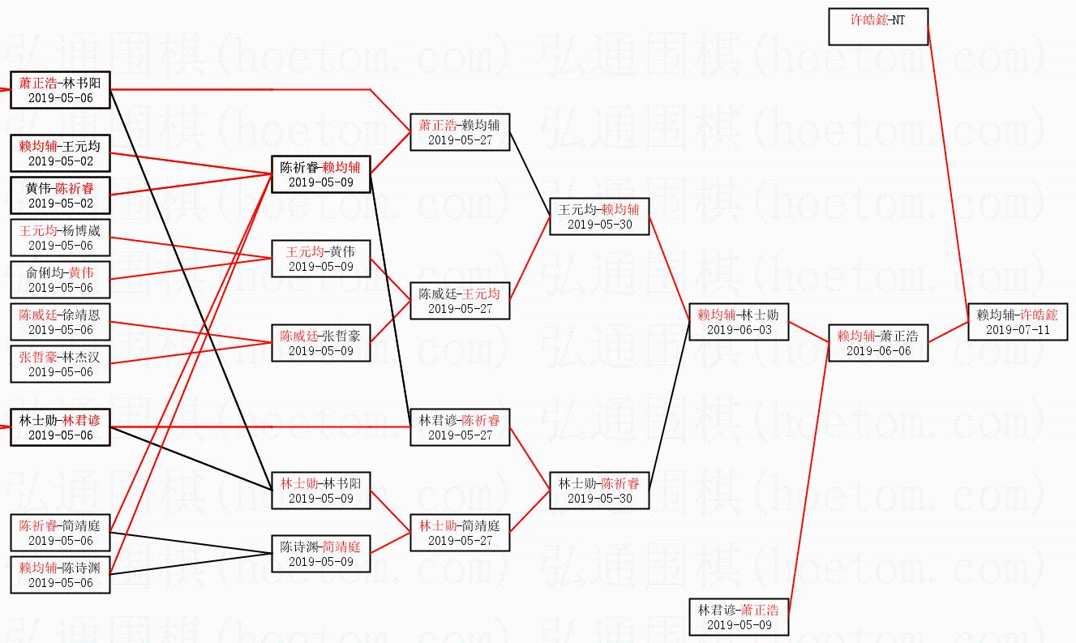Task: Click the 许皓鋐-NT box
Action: (878, 27)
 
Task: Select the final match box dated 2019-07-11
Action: (1018, 322)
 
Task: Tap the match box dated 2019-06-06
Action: (878, 343)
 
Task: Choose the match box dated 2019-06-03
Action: (739, 322)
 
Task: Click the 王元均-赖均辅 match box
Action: (599, 216)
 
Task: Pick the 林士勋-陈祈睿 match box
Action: (599, 491)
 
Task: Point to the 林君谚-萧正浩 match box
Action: (739, 617)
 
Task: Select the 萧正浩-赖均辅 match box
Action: (460, 132)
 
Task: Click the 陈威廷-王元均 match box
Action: (460, 301)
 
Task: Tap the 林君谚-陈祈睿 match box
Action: (460, 427)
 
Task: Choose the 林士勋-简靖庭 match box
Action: (460, 533)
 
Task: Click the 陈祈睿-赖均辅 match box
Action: (321, 174)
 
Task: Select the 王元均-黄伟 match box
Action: (321, 259)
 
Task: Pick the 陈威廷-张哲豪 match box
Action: (321, 343)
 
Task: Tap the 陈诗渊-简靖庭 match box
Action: (321, 554)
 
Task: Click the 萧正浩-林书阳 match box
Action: (61, 90)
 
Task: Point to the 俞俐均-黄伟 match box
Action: (61, 280)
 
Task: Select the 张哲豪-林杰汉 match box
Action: (61, 364)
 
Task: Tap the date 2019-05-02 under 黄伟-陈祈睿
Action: (61, 204)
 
